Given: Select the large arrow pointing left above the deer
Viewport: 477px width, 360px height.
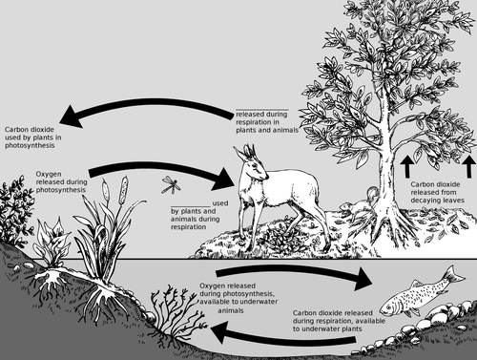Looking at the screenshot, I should [x=143, y=117].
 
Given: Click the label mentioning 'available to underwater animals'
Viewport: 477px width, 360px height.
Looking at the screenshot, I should [x=249, y=297].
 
